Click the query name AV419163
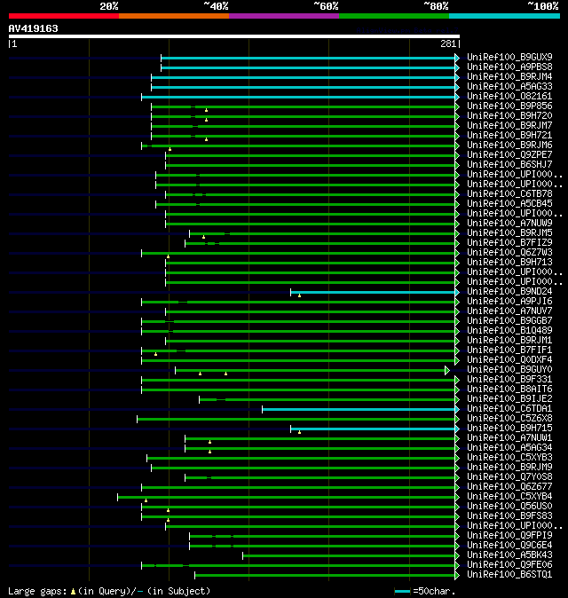[x=34, y=28]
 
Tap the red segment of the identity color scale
[x=63, y=16]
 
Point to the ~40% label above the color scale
[x=216, y=6]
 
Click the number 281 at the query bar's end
[x=447, y=43]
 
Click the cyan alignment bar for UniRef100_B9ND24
[x=373, y=292]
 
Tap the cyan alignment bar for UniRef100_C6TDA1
[x=359, y=409]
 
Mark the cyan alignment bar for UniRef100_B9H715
[x=373, y=429]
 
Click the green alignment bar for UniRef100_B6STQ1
[x=324, y=575]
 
